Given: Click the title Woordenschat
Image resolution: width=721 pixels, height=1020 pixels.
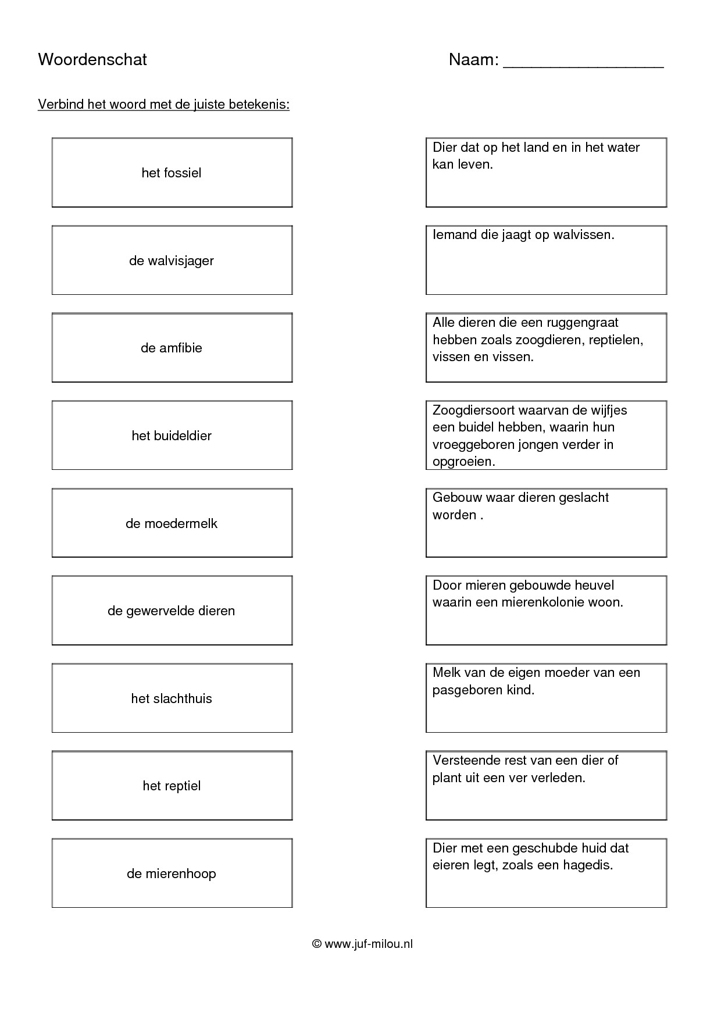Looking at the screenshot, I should [x=92, y=59].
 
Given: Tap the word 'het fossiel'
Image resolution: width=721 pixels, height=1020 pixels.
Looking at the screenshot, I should [x=172, y=173].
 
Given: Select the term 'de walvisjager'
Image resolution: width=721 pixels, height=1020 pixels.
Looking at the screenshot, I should [x=172, y=261].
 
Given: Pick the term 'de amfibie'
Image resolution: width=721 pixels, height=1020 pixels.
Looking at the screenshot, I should [x=172, y=348].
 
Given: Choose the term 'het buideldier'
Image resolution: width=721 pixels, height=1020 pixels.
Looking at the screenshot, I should [x=172, y=436].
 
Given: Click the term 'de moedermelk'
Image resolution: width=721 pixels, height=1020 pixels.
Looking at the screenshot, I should [x=172, y=523].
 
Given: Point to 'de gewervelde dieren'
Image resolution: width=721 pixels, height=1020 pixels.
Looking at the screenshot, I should [x=172, y=611].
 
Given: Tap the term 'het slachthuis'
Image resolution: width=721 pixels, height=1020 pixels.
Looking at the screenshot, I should [x=172, y=698].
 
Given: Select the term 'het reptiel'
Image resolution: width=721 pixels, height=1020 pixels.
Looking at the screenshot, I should [x=172, y=786].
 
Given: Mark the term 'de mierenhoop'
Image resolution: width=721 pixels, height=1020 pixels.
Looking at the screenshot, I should [x=172, y=873].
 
